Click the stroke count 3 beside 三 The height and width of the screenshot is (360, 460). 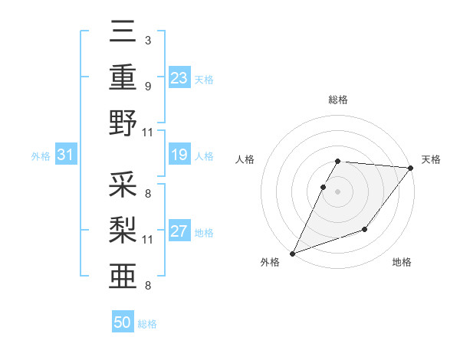click(x=147, y=40)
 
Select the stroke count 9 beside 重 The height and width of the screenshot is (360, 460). click(x=147, y=86)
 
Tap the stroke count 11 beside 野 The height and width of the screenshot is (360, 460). click(x=148, y=132)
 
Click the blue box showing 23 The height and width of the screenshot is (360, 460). click(x=179, y=78)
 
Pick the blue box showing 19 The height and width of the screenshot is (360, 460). click(x=179, y=155)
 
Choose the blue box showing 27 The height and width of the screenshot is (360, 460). click(x=179, y=232)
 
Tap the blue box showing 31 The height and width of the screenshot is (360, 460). click(x=66, y=155)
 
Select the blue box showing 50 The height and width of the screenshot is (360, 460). click(x=123, y=322)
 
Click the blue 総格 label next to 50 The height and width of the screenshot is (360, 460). click(x=148, y=324)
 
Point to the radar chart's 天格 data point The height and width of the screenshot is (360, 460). click(x=411, y=168)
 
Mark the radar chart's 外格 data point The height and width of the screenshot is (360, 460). click(x=292, y=254)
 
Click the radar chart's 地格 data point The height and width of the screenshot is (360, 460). click(x=365, y=229)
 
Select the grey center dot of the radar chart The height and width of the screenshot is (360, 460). click(x=337, y=191)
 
